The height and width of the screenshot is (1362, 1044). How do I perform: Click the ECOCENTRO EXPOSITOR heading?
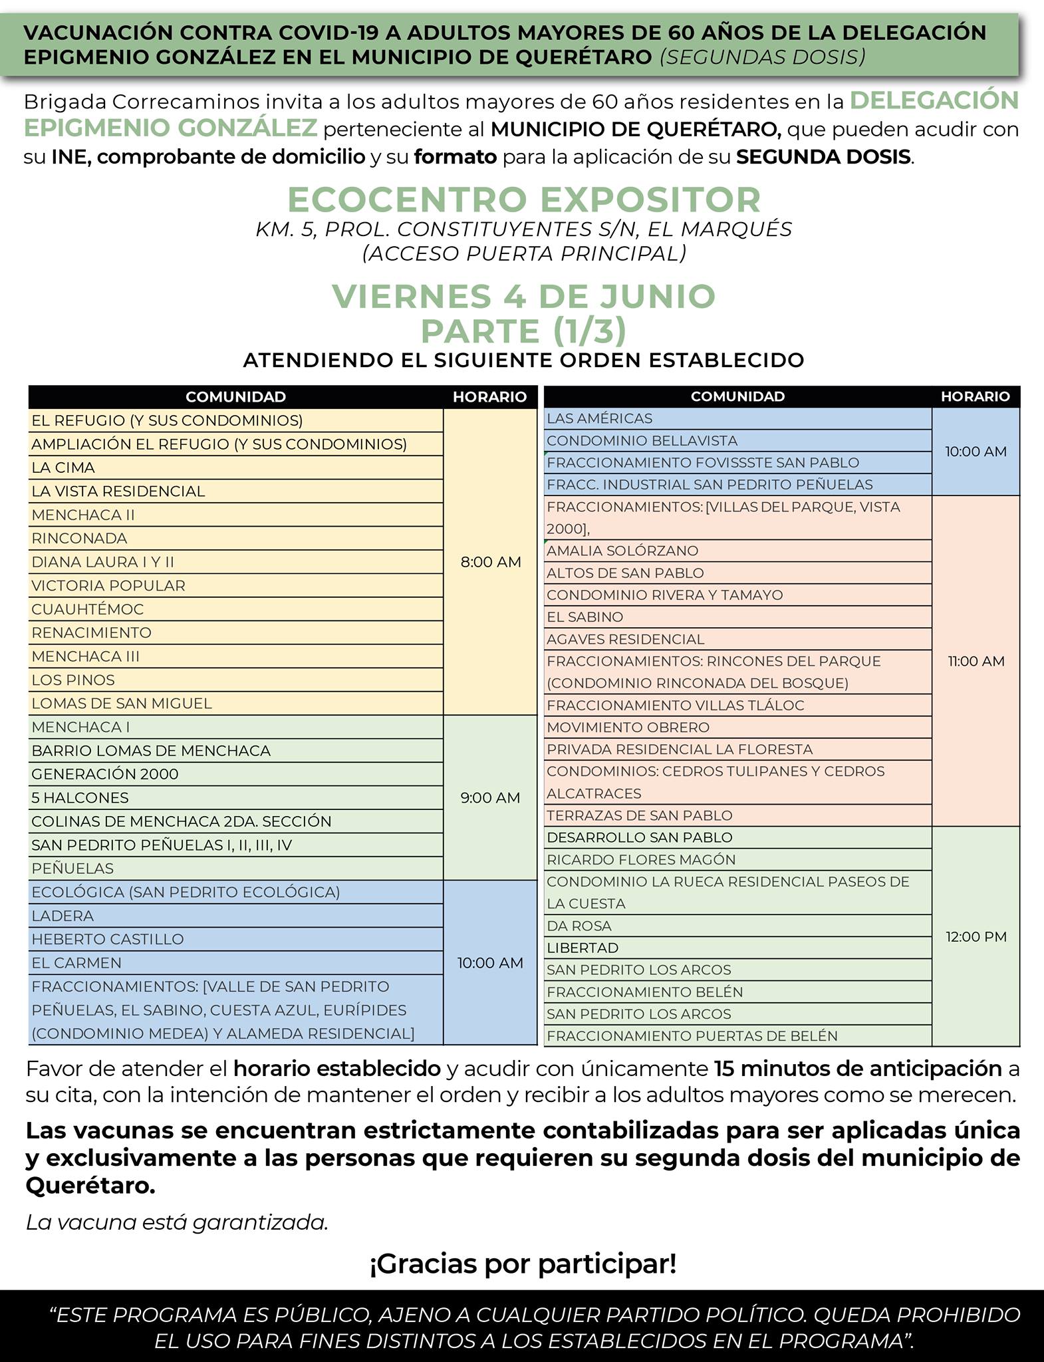tap(523, 200)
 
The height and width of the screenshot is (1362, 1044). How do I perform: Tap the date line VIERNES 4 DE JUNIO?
tap(523, 296)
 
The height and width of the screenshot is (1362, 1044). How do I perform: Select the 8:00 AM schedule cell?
tap(490, 562)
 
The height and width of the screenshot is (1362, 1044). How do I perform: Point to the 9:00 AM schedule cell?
tap(490, 797)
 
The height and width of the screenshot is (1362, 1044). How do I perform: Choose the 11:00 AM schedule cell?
tap(976, 661)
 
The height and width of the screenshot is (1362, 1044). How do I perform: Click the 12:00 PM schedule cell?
tap(976, 936)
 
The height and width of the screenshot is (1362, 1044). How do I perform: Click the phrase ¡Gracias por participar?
tap(523, 1263)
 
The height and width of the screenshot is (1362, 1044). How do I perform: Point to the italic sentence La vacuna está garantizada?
tap(177, 1222)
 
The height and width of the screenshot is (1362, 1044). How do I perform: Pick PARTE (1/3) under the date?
tap(523, 331)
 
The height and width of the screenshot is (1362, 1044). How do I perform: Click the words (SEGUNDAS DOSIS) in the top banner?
tap(763, 57)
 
